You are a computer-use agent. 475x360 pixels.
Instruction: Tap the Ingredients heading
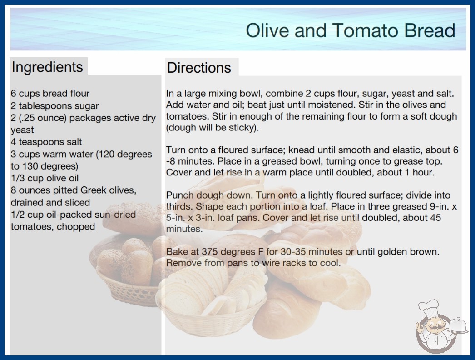[x=47, y=67]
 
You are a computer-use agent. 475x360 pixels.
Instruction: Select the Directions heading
[x=199, y=68]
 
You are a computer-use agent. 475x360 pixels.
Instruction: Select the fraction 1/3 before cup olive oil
[x=18, y=178]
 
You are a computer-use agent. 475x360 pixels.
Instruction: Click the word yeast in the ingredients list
[x=22, y=130]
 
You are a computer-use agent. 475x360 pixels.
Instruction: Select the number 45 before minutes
[x=435, y=217]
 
